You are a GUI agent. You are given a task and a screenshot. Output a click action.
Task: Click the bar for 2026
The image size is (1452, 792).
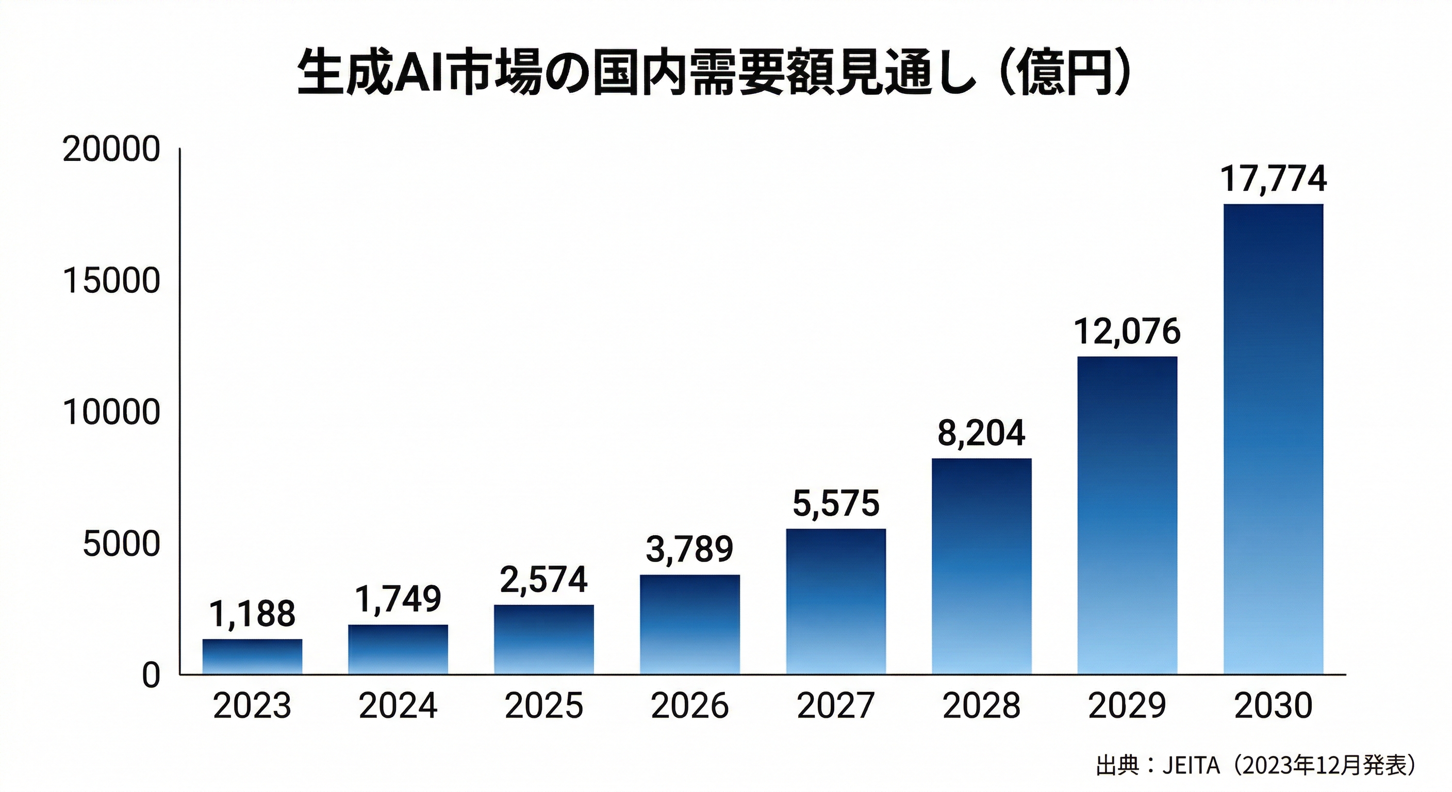click(689, 624)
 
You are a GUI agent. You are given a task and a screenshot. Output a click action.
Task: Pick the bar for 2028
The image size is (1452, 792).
click(981, 566)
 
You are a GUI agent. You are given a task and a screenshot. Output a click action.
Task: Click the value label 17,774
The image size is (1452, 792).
click(1273, 179)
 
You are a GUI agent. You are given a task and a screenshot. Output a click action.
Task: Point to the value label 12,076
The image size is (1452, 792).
click(1127, 332)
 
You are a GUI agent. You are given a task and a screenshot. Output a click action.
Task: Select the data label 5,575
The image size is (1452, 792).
click(835, 503)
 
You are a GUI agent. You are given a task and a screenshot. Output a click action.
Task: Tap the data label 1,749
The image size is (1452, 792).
click(398, 599)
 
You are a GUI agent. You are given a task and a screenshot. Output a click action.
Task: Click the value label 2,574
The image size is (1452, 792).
click(543, 580)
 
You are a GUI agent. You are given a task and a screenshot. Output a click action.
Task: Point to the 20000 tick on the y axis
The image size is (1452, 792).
click(111, 150)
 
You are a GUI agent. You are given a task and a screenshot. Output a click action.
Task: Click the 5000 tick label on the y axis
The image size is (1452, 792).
click(121, 544)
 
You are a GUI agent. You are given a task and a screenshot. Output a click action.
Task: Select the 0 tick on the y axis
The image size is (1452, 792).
click(151, 675)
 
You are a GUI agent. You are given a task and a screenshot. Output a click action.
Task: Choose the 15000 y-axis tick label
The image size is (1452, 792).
click(111, 282)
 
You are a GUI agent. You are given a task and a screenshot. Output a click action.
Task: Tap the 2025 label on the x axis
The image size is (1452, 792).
click(543, 706)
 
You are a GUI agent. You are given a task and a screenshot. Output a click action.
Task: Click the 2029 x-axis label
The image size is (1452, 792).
click(1127, 706)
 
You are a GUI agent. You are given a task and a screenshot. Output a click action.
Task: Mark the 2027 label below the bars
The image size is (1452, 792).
click(835, 706)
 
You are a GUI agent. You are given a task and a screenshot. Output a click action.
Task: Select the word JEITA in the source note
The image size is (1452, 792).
click(1191, 766)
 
